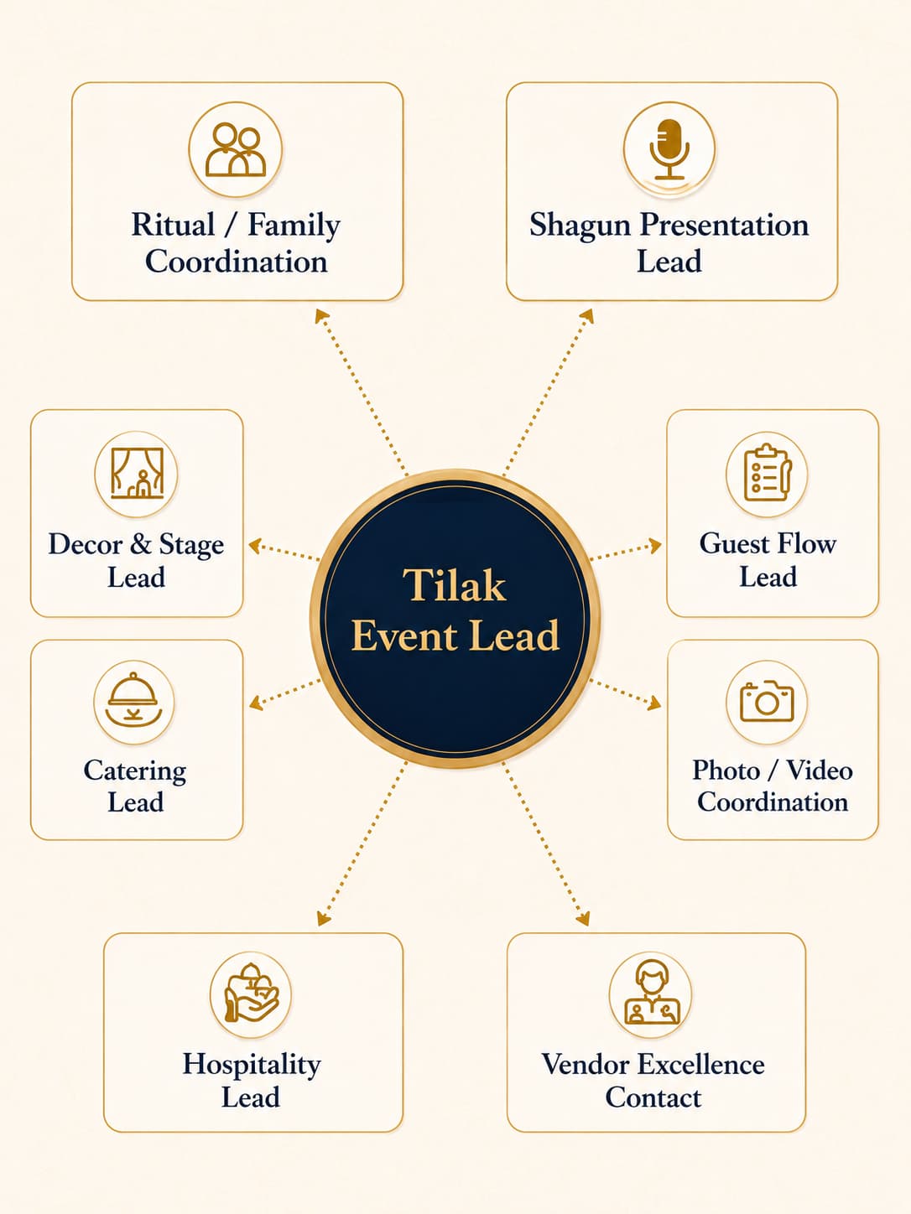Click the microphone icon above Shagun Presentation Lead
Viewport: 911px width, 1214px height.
(x=669, y=148)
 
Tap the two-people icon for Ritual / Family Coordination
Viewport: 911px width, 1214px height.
(x=236, y=149)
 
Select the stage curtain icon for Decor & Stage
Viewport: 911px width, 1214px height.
(x=138, y=473)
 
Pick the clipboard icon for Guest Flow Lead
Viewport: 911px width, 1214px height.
(x=768, y=472)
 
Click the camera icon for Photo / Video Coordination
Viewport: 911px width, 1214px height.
(x=767, y=701)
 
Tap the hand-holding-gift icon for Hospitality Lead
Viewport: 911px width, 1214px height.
(x=250, y=994)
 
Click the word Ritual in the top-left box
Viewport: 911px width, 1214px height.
(x=173, y=225)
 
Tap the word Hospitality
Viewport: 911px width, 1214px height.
(x=252, y=1066)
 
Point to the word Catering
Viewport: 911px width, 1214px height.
(x=135, y=771)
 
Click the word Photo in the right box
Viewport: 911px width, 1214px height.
(x=726, y=770)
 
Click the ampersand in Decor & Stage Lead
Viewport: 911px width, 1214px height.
(x=140, y=544)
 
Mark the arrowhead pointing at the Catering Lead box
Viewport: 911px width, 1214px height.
(x=256, y=703)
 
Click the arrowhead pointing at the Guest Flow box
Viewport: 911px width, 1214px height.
(x=655, y=546)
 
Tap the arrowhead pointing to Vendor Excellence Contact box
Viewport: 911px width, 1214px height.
(x=583, y=919)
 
